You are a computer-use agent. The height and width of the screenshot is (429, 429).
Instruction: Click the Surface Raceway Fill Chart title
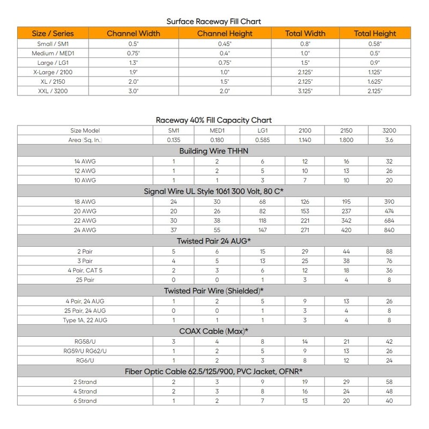(x=214, y=21)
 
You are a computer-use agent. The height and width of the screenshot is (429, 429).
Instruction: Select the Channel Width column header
(x=134, y=33)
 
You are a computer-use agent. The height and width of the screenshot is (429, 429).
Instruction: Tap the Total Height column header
(x=375, y=33)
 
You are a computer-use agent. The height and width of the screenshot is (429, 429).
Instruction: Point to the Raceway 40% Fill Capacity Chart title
(x=214, y=120)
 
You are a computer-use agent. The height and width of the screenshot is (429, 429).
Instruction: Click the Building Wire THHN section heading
(x=214, y=151)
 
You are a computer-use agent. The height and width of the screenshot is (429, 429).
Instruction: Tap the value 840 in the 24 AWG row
(x=389, y=230)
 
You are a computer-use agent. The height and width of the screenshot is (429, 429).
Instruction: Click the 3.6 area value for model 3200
(x=389, y=140)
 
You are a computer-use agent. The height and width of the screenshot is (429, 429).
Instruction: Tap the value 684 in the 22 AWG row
(x=389, y=220)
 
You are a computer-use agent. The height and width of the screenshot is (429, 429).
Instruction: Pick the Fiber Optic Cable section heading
(x=214, y=371)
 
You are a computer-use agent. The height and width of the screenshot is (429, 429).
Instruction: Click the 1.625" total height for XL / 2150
(x=375, y=82)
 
